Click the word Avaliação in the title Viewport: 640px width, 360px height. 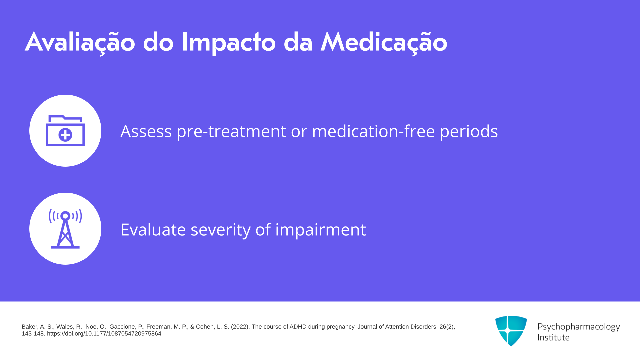click(80, 43)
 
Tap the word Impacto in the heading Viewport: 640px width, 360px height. click(229, 43)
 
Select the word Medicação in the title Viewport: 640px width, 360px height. click(384, 43)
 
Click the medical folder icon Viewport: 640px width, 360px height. click(65, 131)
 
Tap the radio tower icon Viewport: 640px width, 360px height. click(65, 229)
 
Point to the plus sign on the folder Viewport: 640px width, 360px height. click(65, 135)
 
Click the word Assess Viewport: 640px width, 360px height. click(146, 131)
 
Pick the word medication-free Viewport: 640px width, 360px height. click(373, 131)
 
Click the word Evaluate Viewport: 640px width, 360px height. click(153, 230)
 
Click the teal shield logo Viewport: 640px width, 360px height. click(511, 331)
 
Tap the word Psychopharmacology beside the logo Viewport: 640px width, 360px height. click(579, 327)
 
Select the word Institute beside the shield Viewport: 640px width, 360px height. click(553, 338)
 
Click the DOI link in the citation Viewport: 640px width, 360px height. click(104, 334)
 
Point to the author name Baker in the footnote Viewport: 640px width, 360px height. click(30, 327)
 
